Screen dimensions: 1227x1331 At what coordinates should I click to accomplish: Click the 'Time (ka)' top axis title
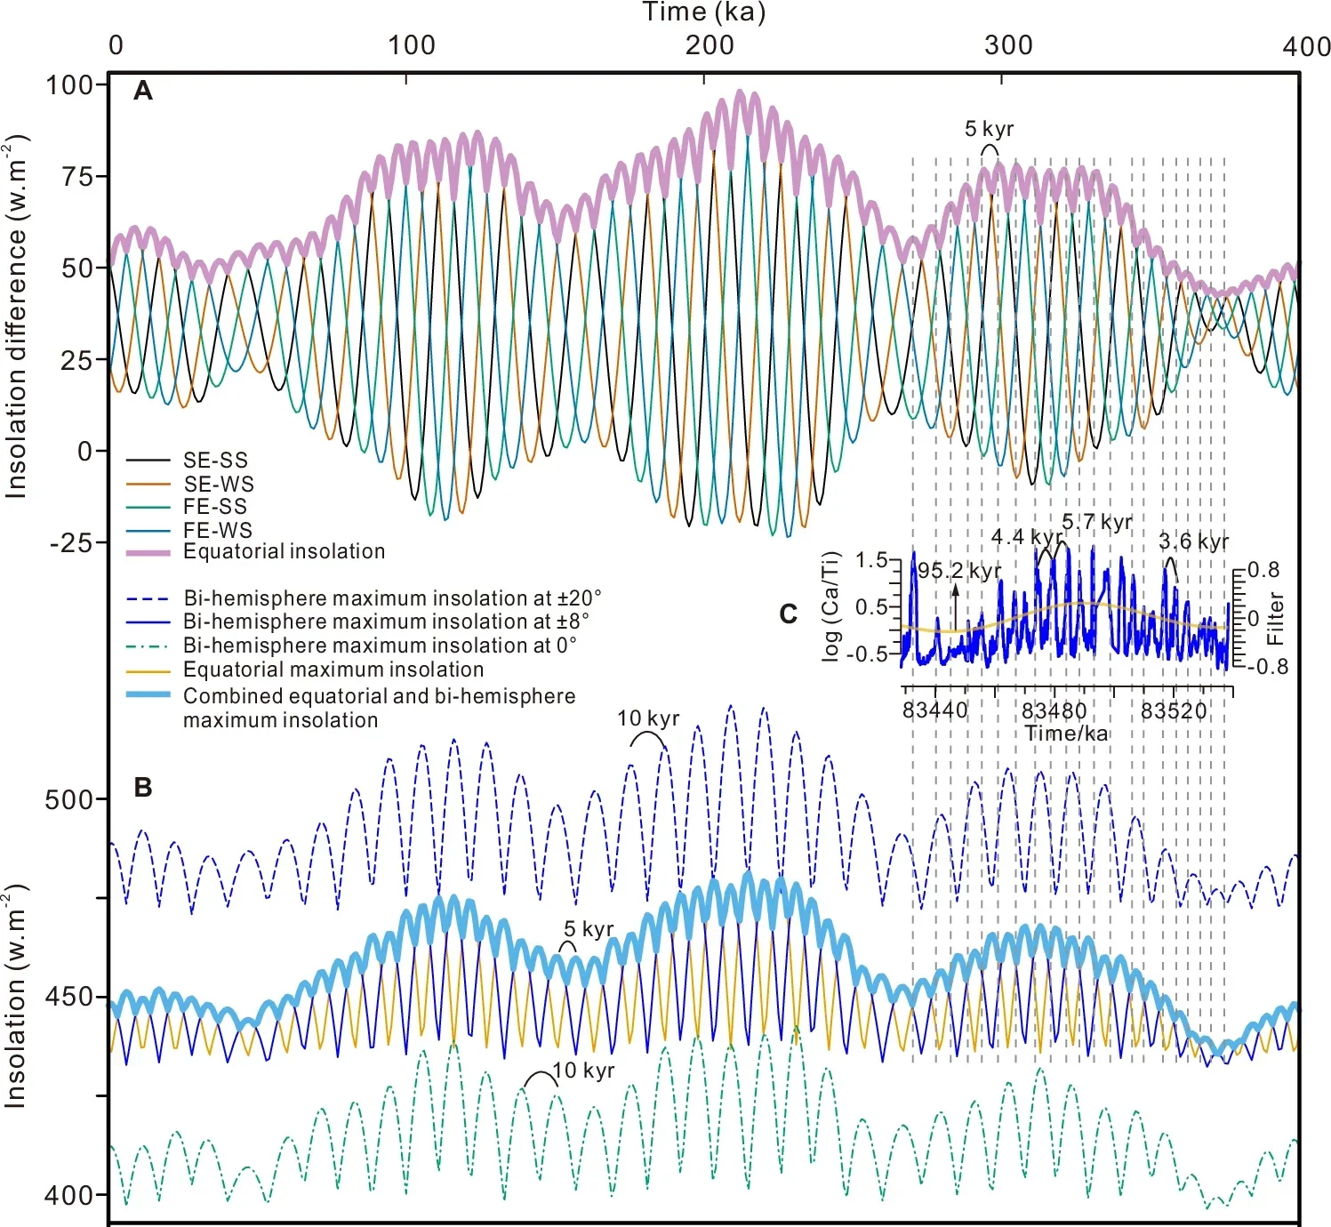703,12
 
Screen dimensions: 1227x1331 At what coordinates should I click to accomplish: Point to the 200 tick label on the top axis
710,45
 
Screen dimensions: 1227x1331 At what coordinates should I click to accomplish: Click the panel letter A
142,91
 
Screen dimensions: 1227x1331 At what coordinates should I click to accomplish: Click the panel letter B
142,788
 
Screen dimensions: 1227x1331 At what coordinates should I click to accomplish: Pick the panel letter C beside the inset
788,614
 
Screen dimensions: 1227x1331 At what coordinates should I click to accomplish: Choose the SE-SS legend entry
215,461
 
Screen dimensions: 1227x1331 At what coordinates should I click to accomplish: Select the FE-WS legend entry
218,530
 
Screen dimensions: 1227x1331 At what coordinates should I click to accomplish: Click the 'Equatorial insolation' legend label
284,551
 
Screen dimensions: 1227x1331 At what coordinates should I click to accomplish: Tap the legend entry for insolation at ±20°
392,598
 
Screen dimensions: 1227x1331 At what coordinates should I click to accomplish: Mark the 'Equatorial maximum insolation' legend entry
333,670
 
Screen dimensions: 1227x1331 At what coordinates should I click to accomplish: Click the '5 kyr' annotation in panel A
989,130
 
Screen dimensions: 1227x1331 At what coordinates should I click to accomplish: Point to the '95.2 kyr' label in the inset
959,571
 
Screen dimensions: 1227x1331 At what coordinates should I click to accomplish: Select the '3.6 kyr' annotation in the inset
1193,541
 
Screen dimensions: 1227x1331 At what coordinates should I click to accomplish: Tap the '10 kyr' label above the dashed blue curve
648,718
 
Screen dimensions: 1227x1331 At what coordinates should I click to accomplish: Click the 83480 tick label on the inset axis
1054,711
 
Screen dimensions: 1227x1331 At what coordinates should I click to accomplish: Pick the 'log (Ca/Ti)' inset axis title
830,606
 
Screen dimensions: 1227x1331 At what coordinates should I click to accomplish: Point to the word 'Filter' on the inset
1276,618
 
